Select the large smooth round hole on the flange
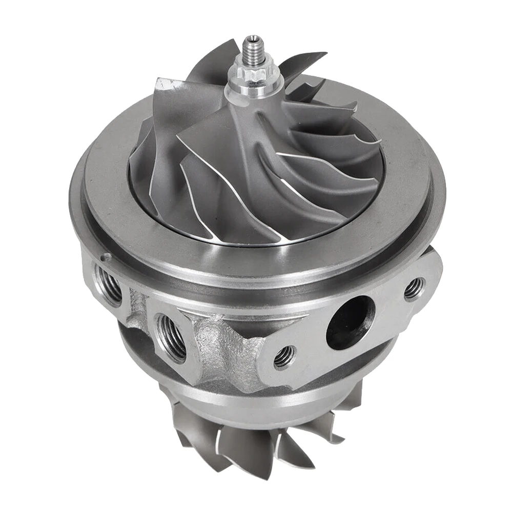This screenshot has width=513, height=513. [x=350, y=322]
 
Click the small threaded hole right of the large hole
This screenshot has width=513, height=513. [x=414, y=289]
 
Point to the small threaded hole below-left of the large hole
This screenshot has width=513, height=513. [x=284, y=356]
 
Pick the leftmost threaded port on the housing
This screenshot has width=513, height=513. [x=109, y=285]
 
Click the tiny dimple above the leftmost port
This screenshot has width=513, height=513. [x=106, y=257]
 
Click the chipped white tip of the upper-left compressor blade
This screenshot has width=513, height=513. [x=163, y=84]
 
